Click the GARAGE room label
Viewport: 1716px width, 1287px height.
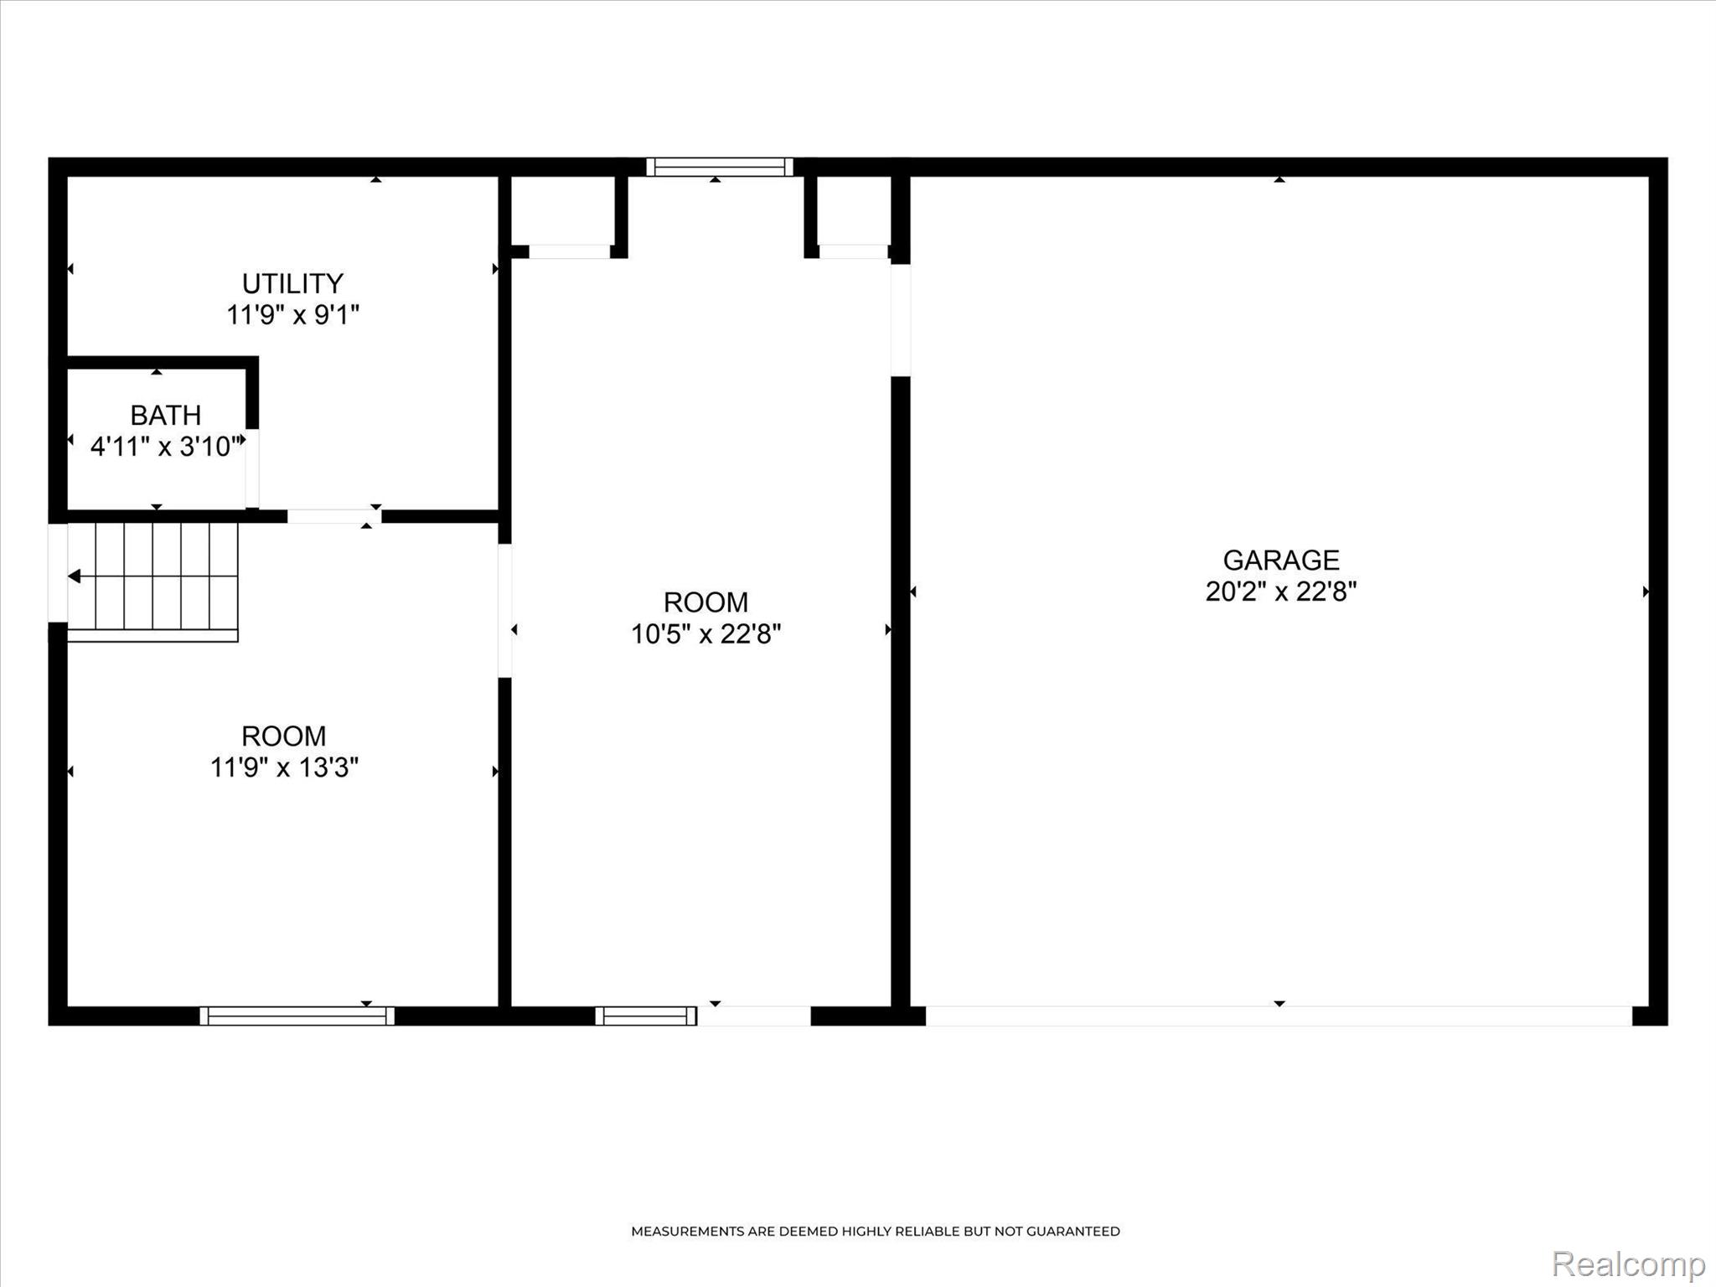1281,560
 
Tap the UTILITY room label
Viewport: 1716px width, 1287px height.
292,283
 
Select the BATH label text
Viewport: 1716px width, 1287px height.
166,415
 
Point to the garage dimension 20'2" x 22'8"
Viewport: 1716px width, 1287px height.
1281,592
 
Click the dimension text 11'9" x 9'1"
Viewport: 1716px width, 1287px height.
292,315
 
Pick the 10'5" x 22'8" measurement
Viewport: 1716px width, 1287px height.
706,634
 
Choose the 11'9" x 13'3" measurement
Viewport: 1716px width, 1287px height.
284,768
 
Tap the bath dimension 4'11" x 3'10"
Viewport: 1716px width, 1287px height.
166,447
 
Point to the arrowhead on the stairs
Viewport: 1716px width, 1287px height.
75,576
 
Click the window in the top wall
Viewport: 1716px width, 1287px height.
719,167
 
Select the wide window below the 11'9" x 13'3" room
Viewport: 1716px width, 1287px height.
297,1016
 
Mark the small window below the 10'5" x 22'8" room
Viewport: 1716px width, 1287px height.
646,1016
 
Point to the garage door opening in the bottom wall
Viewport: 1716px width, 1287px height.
1279,1016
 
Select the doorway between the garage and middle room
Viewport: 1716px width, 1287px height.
901,320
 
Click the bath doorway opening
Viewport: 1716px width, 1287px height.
252,468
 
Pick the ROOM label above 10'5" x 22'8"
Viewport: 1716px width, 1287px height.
706,602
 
